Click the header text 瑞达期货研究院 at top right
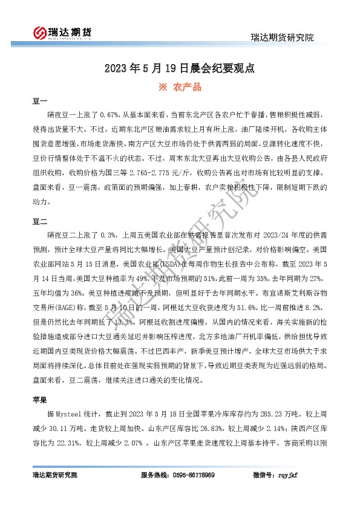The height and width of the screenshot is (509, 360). pyautogui.click(x=283, y=38)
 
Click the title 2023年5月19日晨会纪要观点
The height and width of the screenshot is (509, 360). pyautogui.click(x=179, y=68)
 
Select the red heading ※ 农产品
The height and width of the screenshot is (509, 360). pyautogui.click(x=179, y=87)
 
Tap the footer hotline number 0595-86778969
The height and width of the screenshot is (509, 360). pyautogui.click(x=189, y=476)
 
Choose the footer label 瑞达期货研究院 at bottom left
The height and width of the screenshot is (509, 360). pyautogui.click(x=54, y=476)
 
